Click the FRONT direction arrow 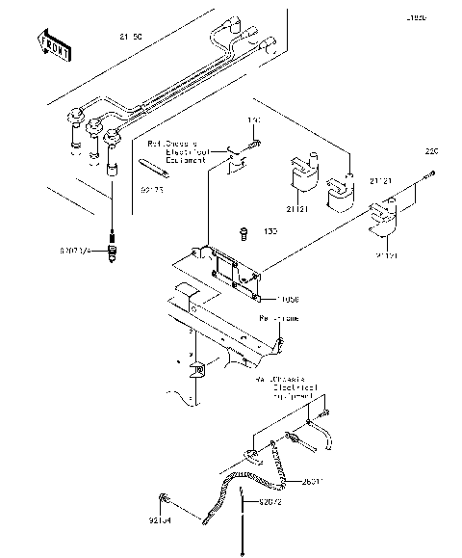point(54,43)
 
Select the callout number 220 point(432,151)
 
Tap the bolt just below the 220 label point(426,173)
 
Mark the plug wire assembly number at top point(129,35)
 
